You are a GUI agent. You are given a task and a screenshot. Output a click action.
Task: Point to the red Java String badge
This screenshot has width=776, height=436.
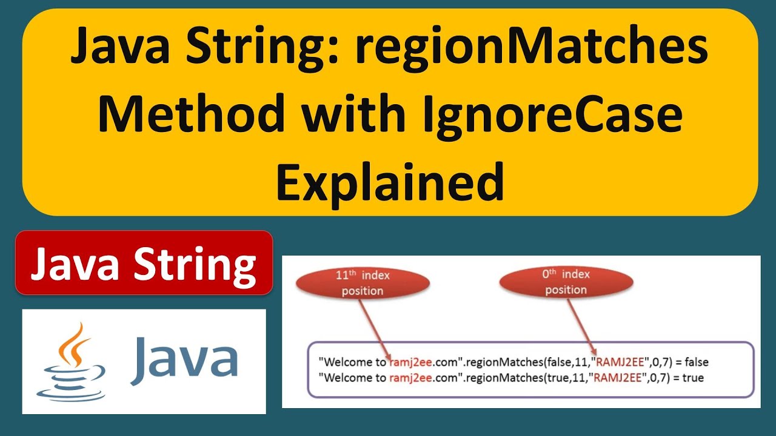coord(144,263)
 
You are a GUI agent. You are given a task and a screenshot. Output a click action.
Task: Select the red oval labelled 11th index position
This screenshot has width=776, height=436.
coord(363,283)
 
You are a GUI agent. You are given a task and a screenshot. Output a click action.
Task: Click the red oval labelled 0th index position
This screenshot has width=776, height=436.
coord(566,282)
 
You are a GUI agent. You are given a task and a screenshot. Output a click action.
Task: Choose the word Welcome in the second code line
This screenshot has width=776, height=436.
coord(343,378)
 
